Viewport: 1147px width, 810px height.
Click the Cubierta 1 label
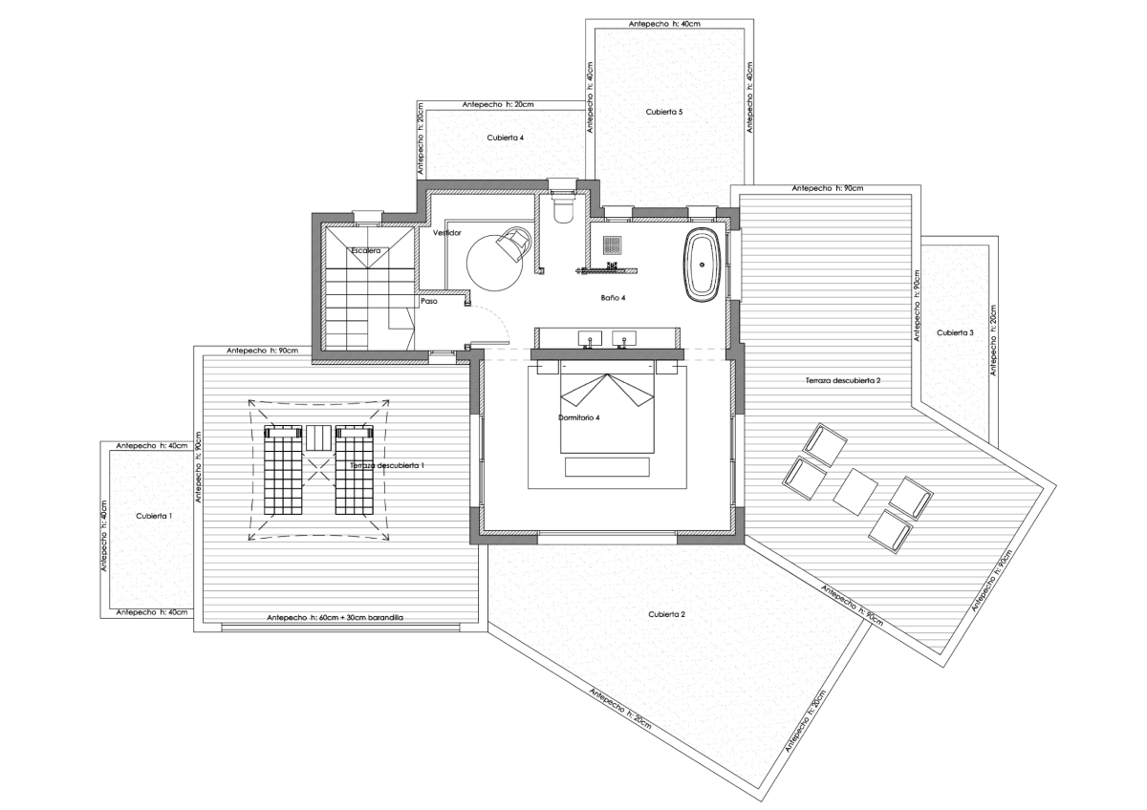[154, 515]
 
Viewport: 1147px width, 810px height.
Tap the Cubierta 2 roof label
[666, 614]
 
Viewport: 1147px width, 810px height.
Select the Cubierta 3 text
[955, 332]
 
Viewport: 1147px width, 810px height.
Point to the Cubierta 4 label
[505, 138]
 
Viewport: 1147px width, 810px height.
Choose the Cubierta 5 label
[663, 112]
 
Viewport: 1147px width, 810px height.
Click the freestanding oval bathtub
[703, 265]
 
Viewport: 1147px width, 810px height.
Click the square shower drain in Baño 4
[613, 245]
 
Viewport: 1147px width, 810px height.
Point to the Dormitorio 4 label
[578, 417]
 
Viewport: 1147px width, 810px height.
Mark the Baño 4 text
[613, 298]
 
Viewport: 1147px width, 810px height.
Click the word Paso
[429, 301]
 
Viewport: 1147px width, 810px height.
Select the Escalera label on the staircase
[365, 250]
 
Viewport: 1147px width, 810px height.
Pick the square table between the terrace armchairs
[855, 492]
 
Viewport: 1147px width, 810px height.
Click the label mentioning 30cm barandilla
[335, 618]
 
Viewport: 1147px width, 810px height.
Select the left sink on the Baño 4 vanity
[587, 337]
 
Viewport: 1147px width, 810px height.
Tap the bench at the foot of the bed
[607, 466]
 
